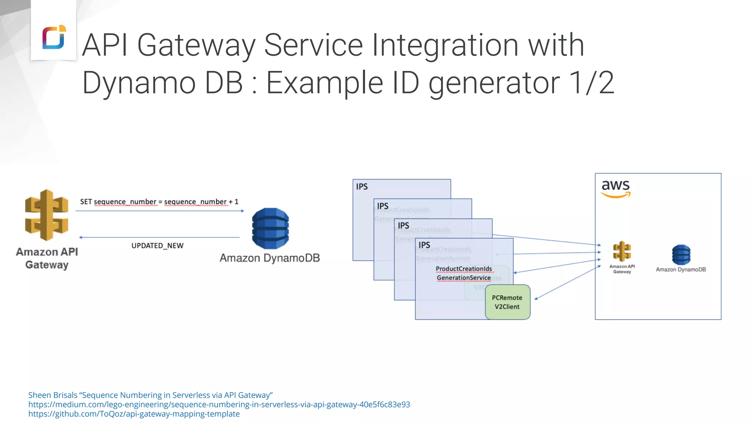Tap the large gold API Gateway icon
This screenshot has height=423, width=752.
coord(47,215)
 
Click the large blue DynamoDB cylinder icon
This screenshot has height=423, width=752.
coord(270,228)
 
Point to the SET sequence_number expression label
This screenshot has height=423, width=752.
coord(159,202)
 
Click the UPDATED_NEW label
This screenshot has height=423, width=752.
coord(157,246)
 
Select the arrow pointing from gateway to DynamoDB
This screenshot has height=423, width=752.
coord(159,211)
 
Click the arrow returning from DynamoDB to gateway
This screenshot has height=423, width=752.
coord(159,237)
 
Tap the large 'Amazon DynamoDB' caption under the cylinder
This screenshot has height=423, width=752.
coord(270,258)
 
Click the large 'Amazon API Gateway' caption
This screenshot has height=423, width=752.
coord(47,258)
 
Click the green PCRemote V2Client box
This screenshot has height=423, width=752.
coord(507,302)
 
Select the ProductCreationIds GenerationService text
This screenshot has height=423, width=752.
coord(464,273)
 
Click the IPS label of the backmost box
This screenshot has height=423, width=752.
coord(362,187)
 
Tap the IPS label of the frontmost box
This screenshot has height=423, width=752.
coord(424,245)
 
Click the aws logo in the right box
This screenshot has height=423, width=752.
coord(616,188)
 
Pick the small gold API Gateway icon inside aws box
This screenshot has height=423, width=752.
coord(622,252)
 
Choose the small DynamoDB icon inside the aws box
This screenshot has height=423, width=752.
coord(681,254)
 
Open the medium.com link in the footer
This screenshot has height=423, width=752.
coord(219,404)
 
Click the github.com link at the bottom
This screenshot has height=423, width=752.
coord(134,414)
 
